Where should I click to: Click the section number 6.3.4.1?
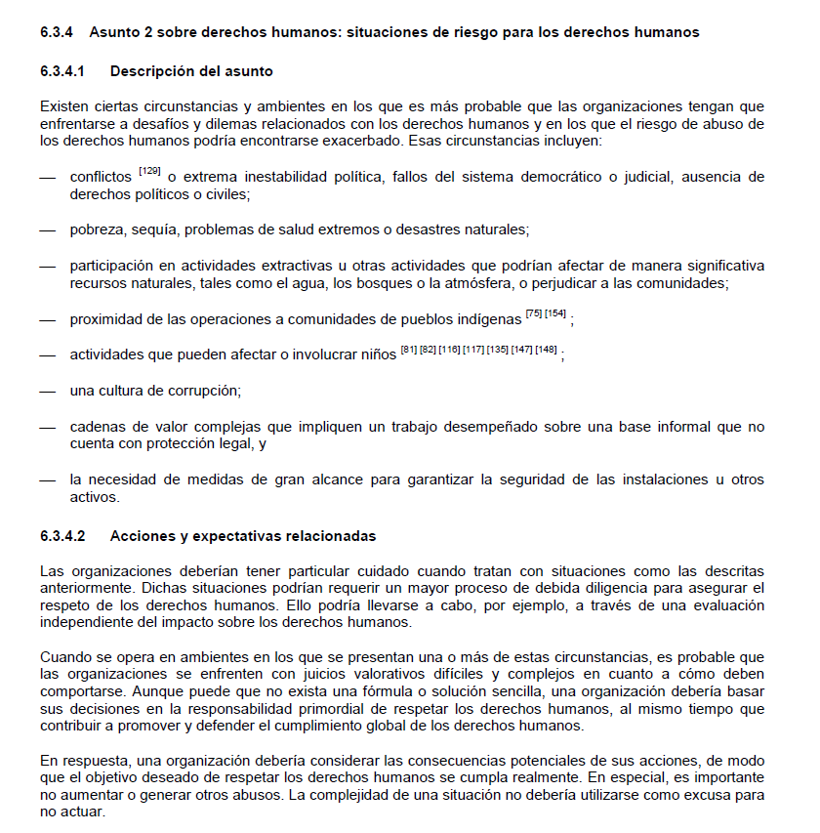pos(62,71)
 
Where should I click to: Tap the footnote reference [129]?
pos(149,171)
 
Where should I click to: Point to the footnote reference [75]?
pos(534,312)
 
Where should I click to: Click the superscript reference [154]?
pos(555,312)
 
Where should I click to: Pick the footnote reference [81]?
pos(409,349)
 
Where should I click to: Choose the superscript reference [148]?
pos(547,349)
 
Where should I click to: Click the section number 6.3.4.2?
pos(62,536)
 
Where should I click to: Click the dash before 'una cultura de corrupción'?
pos(48,391)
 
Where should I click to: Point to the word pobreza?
pos(95,229)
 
